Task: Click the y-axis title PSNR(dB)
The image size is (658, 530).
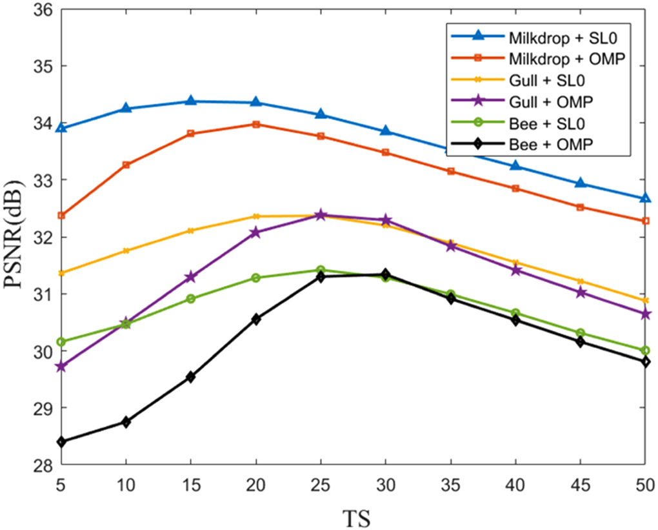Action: [x=19, y=238]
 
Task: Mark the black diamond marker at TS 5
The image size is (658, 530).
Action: [x=61, y=442]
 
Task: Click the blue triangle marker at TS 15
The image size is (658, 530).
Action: [x=191, y=101]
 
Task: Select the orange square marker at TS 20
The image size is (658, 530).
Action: [x=256, y=124]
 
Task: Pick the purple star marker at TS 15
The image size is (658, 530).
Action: [x=191, y=277]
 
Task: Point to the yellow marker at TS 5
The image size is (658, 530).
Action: [x=61, y=273]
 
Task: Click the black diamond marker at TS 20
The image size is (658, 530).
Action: [x=256, y=319]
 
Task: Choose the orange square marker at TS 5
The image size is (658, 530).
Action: [x=61, y=216]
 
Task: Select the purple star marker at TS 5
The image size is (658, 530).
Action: [x=61, y=366]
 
